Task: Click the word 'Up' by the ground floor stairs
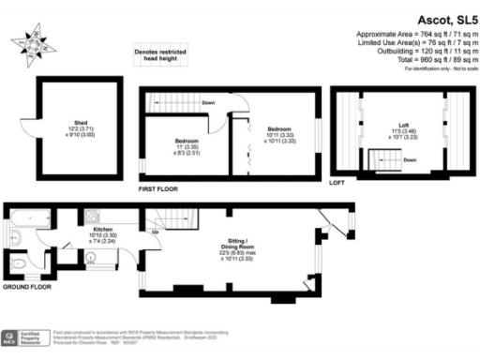coord(154,229)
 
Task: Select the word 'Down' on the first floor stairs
coord(208,102)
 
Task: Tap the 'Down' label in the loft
coord(410,159)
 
